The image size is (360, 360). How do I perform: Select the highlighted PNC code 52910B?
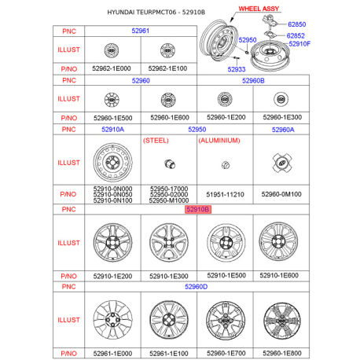(198, 210)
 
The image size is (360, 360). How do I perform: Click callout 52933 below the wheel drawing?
(237, 69)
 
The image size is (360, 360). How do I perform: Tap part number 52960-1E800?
(281, 354)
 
